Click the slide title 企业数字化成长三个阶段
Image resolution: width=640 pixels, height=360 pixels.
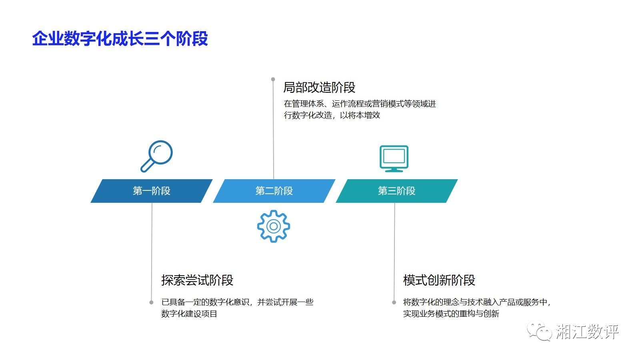pyautogui.click(x=120, y=39)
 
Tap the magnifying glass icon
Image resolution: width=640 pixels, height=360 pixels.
pyautogui.click(x=157, y=156)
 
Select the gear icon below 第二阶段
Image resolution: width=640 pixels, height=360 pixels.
pyautogui.click(x=274, y=226)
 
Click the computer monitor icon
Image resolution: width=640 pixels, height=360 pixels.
pyautogui.click(x=394, y=158)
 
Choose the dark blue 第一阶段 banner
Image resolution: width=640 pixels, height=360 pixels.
pyautogui.click(x=152, y=191)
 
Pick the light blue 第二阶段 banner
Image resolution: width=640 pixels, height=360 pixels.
pyautogui.click(x=274, y=191)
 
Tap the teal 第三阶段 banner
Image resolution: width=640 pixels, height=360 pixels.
pyautogui.click(x=396, y=191)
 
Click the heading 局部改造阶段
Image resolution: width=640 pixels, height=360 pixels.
pyautogui.click(x=319, y=87)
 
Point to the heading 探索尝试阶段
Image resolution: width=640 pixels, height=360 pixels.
pyautogui.click(x=197, y=280)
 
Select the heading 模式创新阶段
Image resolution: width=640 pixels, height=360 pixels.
pyautogui.click(x=439, y=280)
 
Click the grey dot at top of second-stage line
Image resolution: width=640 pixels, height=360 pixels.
pyautogui.click(x=273, y=79)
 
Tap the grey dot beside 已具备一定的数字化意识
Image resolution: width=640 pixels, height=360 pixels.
pyautogui.click(x=151, y=302)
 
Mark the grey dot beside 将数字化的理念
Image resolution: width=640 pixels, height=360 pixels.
pyautogui.click(x=394, y=302)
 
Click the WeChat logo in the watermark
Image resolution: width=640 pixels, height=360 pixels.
pyautogui.click(x=539, y=332)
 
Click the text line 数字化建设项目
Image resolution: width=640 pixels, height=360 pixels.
pyautogui.click(x=189, y=314)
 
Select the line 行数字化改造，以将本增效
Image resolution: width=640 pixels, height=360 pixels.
pyautogui.click(x=332, y=115)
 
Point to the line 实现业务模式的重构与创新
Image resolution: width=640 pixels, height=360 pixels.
pyautogui.click(x=451, y=314)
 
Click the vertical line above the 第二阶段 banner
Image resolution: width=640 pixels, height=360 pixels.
pyautogui.click(x=273, y=132)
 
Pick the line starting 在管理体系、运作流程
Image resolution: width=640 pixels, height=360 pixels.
pyautogui.click(x=360, y=104)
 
